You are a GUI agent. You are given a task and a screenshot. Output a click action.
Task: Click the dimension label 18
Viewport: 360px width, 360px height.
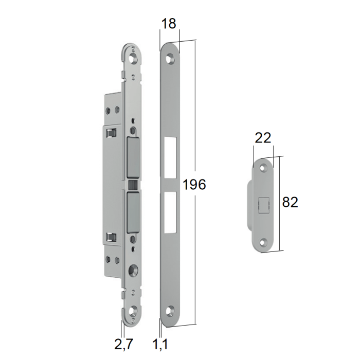pos(169,24)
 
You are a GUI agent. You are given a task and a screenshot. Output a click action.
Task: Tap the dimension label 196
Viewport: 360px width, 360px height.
pos(194,184)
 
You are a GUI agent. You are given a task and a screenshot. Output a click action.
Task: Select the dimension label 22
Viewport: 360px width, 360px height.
pos(263,138)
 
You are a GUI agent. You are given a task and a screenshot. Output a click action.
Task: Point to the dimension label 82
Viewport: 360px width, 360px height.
pos(290,202)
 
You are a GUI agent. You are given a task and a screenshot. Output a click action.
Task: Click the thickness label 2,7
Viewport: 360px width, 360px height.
pos(123,344)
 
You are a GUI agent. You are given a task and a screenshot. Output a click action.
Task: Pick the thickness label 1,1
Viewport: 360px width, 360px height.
pos(160,344)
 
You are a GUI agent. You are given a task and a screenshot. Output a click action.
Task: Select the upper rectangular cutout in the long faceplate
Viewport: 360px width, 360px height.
pos(170,157)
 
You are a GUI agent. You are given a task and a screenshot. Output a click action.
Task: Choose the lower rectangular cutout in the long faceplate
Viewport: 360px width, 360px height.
pos(170,212)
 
